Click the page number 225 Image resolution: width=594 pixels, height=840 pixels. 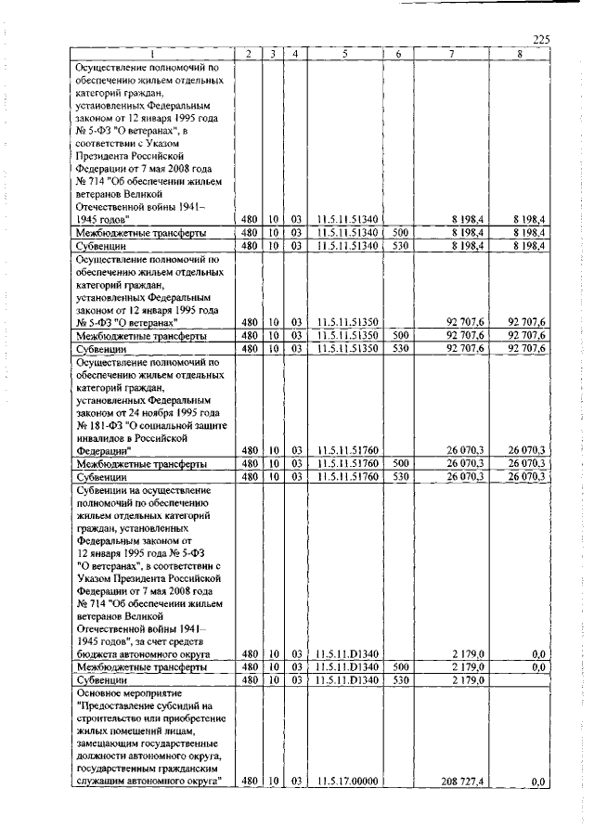click(x=542, y=39)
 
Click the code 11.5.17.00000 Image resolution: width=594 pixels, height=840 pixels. click(x=345, y=783)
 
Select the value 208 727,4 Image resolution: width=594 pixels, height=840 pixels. click(x=466, y=783)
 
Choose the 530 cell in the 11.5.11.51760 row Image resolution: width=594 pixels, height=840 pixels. click(x=400, y=476)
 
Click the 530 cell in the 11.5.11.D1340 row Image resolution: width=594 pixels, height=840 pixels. click(x=400, y=680)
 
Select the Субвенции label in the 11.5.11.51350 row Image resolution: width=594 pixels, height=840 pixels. click(x=101, y=348)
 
